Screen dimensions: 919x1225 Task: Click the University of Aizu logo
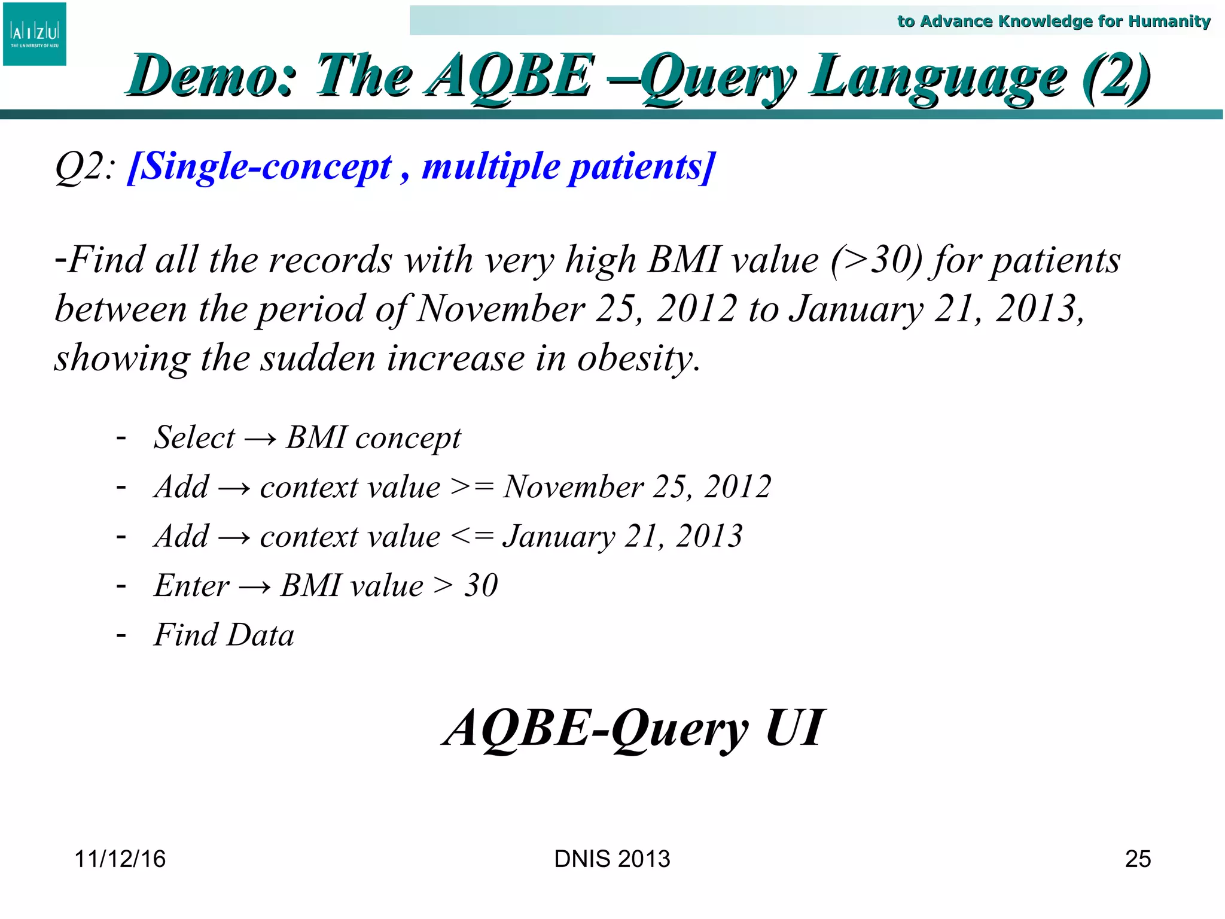tap(35, 34)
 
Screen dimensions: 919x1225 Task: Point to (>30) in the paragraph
tap(877, 260)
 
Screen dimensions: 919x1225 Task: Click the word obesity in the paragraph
tap(638, 358)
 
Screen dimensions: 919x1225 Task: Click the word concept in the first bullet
tap(408, 438)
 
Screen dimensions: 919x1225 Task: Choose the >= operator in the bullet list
tap(472, 486)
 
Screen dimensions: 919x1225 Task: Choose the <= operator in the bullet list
tap(472, 536)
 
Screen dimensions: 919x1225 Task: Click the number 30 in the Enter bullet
tap(482, 585)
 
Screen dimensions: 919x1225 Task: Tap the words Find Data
tap(224, 635)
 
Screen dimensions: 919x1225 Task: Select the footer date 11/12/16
tap(120, 859)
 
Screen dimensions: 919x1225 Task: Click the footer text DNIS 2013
tap(612, 859)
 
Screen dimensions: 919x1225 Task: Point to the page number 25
tap(1138, 859)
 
